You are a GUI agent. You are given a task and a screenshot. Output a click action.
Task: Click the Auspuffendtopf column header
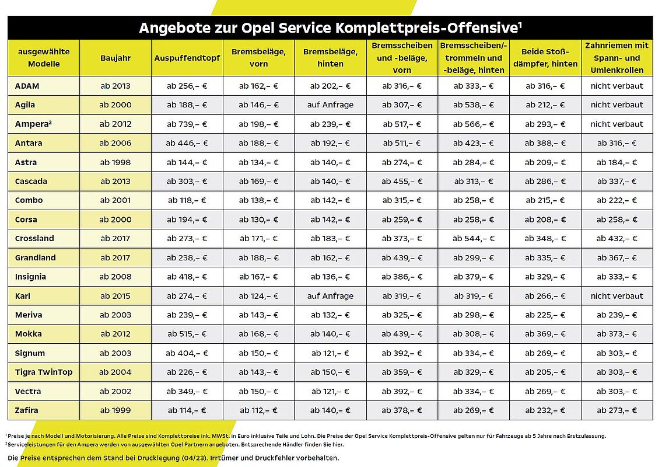click(x=187, y=58)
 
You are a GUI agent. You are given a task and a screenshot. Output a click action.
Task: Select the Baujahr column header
click(x=115, y=58)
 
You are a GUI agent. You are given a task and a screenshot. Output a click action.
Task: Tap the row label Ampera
click(x=33, y=124)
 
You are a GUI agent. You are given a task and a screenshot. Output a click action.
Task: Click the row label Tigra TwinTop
click(x=44, y=372)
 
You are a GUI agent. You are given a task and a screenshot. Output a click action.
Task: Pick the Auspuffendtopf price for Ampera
click(x=187, y=124)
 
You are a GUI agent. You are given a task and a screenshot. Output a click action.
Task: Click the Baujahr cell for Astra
click(x=115, y=162)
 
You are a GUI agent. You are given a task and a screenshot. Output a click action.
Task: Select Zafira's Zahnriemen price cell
click(x=617, y=410)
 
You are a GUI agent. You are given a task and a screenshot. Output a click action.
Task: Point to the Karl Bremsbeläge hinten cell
click(x=330, y=296)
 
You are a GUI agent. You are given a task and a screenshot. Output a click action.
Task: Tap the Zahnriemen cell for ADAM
click(x=617, y=86)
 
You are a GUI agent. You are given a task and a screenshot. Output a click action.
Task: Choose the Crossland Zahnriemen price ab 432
click(x=617, y=238)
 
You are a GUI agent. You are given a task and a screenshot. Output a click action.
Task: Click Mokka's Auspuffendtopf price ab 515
click(x=187, y=334)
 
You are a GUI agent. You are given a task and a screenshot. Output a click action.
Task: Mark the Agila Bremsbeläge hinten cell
click(x=330, y=105)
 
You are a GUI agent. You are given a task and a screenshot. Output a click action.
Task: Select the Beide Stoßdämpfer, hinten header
click(x=545, y=58)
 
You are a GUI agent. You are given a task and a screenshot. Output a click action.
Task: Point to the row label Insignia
click(x=30, y=277)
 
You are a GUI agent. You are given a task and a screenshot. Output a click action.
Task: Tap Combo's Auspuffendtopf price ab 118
click(x=187, y=200)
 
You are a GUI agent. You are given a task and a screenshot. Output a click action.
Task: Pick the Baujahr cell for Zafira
click(x=115, y=410)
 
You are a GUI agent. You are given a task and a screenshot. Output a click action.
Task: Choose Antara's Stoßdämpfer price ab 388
click(x=545, y=143)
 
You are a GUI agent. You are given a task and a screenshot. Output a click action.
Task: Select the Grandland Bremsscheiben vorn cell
click(x=402, y=258)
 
